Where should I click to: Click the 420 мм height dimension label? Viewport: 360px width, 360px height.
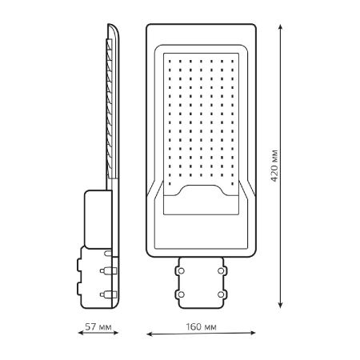click(x=274, y=166)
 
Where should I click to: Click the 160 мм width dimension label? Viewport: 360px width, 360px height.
click(x=201, y=326)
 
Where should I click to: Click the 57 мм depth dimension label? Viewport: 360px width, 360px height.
click(x=98, y=326)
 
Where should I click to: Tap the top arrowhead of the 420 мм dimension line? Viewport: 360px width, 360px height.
click(x=280, y=27)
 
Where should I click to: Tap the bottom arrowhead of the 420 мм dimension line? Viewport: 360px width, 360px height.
click(x=280, y=305)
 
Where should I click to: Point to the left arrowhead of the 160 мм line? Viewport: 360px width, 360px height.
click(x=150, y=334)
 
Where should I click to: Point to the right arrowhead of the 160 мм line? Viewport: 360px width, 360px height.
click(x=252, y=333)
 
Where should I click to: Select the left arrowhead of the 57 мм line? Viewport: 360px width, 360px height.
click(x=81, y=333)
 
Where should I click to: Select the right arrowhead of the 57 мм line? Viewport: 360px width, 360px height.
click(x=115, y=333)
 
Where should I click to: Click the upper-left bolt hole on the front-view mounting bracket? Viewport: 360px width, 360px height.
click(x=181, y=271)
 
